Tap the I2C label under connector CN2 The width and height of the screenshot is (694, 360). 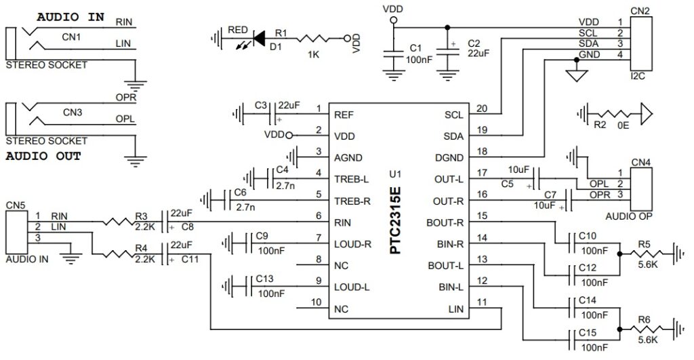coord(638,76)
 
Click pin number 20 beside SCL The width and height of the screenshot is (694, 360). coord(482,108)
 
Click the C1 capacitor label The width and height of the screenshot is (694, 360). coord(415,49)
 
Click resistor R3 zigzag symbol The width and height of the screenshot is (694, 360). coord(119,221)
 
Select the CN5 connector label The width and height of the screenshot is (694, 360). coord(16,203)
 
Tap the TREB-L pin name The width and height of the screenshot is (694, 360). coord(352,180)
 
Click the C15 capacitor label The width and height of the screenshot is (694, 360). coord(587,332)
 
